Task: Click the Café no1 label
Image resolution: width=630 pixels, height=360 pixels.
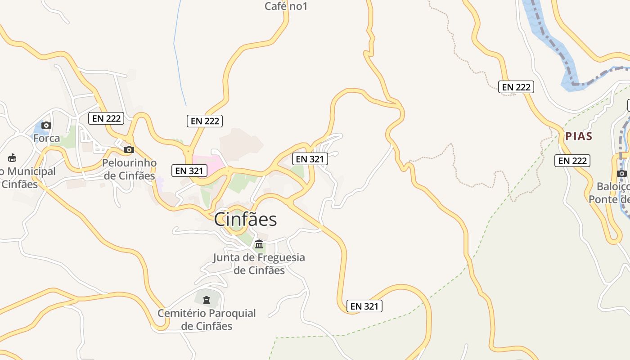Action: point(286,6)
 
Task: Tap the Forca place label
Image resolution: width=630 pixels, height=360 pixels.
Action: point(46,138)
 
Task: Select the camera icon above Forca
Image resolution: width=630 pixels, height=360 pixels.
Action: point(46,126)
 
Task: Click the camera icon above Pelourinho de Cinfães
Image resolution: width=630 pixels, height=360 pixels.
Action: point(129,149)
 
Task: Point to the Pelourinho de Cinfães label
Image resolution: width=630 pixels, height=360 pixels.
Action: point(130,169)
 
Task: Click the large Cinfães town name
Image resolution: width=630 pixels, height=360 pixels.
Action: point(245,220)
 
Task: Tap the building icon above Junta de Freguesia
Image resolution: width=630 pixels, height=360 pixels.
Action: point(259,244)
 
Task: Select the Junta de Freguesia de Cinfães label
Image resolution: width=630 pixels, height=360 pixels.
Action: point(259,264)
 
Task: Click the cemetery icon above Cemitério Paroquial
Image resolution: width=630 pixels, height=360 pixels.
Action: point(207,300)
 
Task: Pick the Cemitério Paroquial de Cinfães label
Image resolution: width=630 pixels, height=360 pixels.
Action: point(207,319)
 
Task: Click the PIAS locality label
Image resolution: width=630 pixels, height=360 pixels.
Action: point(579,136)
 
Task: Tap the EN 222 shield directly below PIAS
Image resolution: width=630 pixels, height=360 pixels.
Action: point(572,161)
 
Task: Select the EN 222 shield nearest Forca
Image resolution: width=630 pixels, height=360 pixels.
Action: point(106,118)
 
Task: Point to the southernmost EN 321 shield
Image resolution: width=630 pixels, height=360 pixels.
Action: point(365,306)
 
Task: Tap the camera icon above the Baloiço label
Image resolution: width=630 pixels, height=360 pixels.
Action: point(622,173)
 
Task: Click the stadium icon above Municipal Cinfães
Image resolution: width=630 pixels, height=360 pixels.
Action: point(12,158)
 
